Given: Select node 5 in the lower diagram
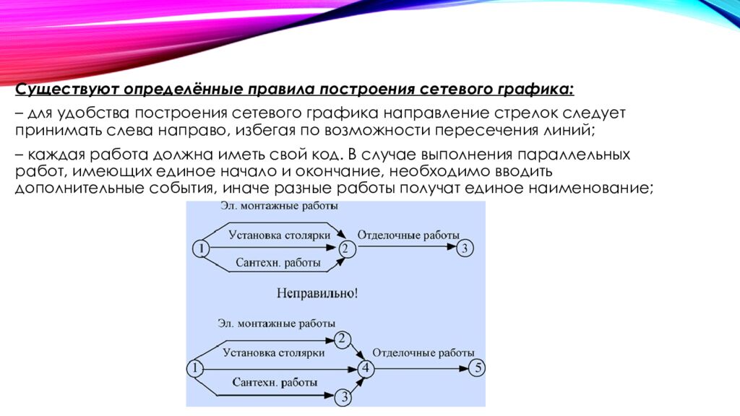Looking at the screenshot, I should (477, 368).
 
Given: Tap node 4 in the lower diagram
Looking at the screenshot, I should (365, 368).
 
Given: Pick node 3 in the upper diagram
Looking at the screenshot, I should (466, 248).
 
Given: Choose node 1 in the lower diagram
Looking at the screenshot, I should (194, 368).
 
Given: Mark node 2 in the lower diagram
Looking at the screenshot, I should (343, 339).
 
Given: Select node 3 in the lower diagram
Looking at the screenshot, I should (345, 396).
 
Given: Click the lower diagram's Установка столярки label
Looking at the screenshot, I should (274, 353).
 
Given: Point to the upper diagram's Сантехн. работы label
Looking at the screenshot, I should (278, 263).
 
